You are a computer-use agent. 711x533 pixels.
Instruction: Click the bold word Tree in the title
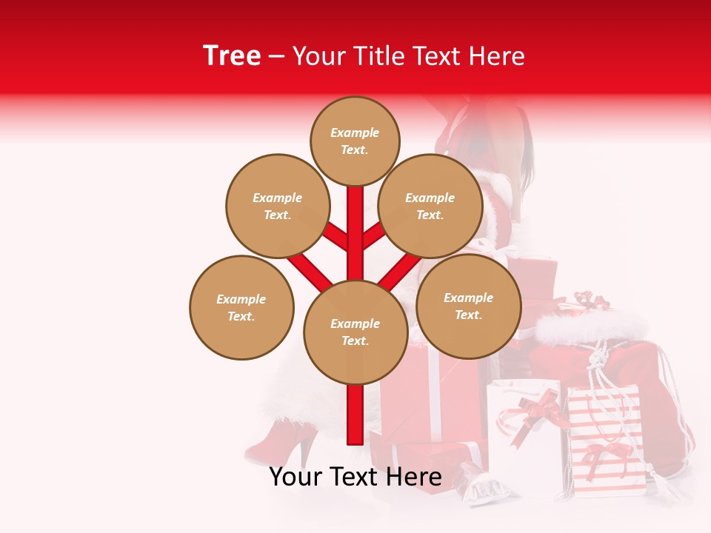point(232,56)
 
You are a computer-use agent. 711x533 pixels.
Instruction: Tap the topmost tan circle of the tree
point(355,141)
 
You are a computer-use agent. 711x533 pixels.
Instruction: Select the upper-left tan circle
point(278,206)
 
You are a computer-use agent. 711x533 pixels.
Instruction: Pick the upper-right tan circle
point(430,206)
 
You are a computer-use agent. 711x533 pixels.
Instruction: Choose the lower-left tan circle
point(241,307)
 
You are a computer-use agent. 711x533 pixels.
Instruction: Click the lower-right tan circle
point(468,306)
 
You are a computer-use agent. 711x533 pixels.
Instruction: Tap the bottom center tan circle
point(355,332)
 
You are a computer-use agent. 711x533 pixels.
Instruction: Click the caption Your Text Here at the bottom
point(355,477)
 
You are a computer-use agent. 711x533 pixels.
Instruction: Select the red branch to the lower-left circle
point(310,271)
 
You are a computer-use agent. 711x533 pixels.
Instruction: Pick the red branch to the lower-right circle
point(400,271)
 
